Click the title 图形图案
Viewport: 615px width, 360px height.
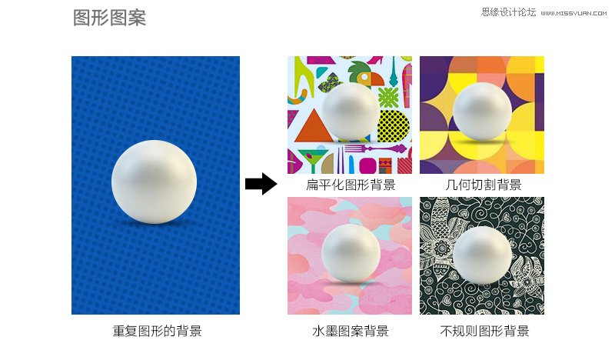click(109, 18)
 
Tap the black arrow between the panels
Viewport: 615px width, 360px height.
click(261, 184)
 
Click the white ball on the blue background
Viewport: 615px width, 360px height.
click(154, 182)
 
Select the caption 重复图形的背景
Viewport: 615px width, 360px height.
click(157, 332)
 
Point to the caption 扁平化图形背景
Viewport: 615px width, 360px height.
click(350, 185)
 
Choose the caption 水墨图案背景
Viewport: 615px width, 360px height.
click(350, 332)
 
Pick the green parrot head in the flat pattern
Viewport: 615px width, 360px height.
click(361, 73)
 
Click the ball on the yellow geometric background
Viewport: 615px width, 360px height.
click(482, 112)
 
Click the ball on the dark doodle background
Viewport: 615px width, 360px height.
click(482, 255)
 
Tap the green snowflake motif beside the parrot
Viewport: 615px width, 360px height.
click(389, 96)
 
